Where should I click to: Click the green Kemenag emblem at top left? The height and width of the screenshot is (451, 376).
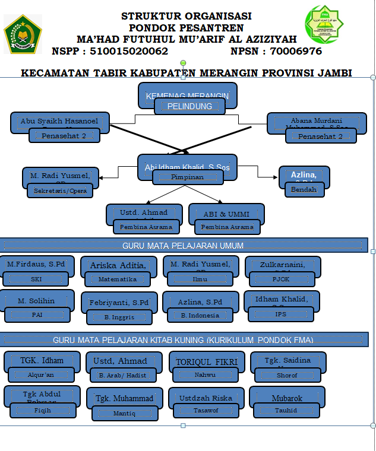click(23, 34)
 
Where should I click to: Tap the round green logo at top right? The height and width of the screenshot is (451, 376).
click(324, 24)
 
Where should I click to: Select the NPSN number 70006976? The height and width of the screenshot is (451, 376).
click(296, 52)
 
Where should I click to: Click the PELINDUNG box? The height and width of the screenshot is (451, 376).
click(189, 106)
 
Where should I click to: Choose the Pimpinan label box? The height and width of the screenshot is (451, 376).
click(188, 177)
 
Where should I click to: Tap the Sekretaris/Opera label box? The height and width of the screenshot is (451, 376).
click(60, 190)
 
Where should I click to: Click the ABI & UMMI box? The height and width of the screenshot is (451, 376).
click(226, 213)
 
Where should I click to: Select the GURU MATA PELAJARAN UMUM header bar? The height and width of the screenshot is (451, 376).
click(183, 245)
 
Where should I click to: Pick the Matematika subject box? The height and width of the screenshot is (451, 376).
click(118, 279)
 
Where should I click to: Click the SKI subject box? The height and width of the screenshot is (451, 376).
click(37, 278)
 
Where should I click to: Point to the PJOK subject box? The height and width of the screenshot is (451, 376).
click(281, 279)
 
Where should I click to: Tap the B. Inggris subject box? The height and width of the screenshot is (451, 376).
click(119, 317)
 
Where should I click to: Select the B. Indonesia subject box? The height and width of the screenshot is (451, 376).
click(200, 315)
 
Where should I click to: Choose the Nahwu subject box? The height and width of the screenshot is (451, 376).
click(204, 374)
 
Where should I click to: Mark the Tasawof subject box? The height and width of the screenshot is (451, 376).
click(206, 410)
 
